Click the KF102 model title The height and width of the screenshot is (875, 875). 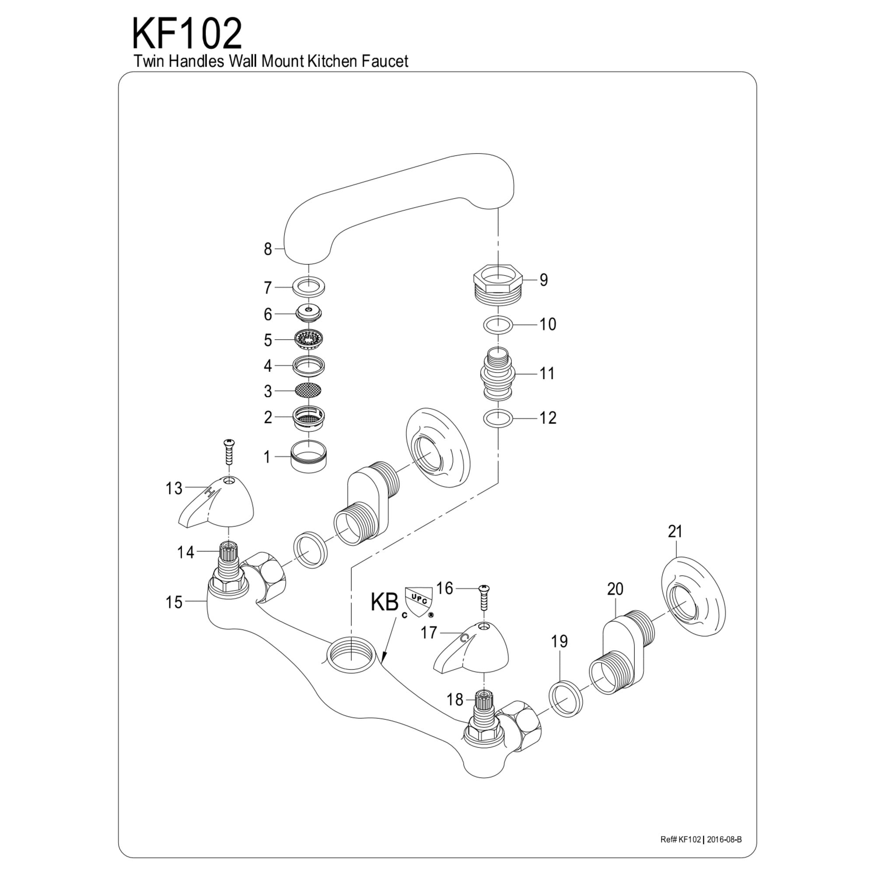click(x=187, y=35)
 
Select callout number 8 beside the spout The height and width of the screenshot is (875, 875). click(x=268, y=249)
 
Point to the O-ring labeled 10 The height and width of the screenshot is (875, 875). click(x=498, y=324)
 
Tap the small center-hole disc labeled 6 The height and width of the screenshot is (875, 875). click(x=308, y=312)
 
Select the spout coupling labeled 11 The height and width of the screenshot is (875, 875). click(x=498, y=374)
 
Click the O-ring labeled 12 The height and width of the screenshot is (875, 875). click(x=498, y=417)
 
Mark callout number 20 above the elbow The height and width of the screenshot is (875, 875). click(x=615, y=589)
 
